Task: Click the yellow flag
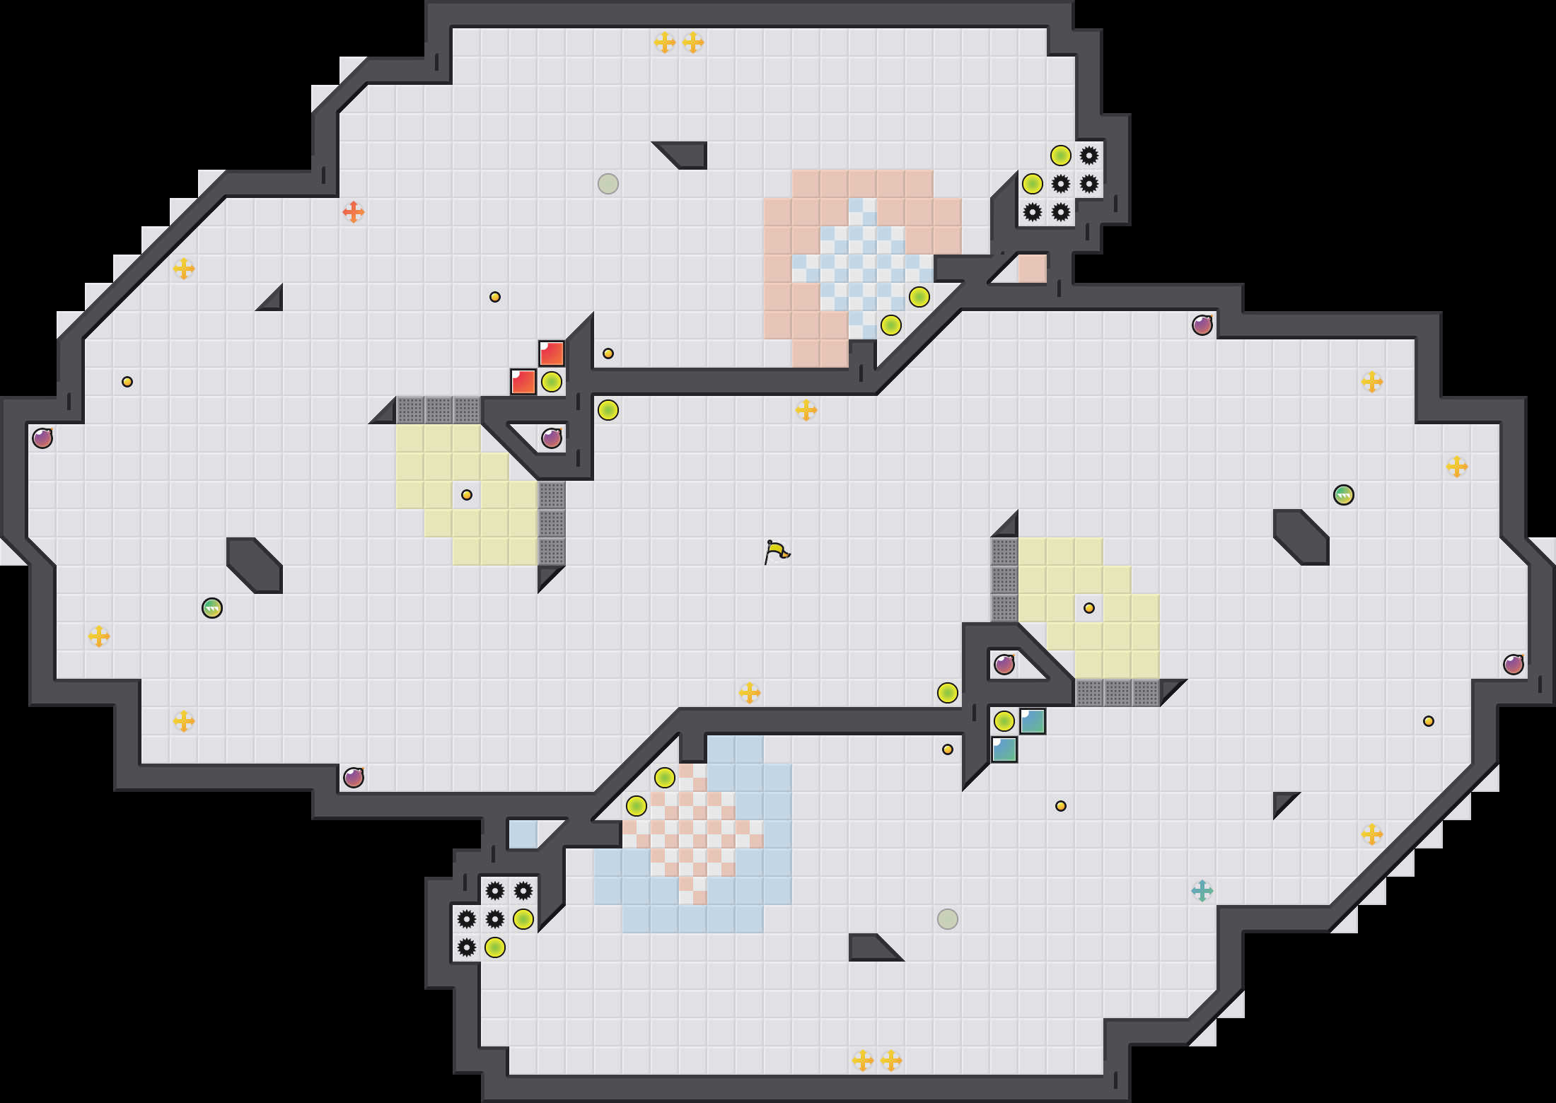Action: (x=777, y=551)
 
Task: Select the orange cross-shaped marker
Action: (x=354, y=211)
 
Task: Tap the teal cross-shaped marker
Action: (x=1202, y=891)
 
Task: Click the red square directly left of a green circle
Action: (x=523, y=382)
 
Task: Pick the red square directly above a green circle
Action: (x=552, y=354)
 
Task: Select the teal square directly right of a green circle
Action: (x=1033, y=721)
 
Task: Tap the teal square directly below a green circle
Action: (x=1004, y=749)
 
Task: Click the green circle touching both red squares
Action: (x=552, y=382)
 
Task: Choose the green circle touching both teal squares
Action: (x=1004, y=721)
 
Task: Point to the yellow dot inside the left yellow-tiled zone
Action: (x=467, y=495)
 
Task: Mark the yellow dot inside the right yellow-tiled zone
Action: (x=1089, y=608)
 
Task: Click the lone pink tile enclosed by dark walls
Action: (x=1033, y=269)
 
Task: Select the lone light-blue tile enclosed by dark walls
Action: (x=523, y=834)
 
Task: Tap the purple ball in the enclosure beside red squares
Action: (x=552, y=438)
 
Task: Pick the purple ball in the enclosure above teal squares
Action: (x=1004, y=665)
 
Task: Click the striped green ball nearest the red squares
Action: (x=212, y=608)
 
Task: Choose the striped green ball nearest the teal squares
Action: (x=1344, y=495)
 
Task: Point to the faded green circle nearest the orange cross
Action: (x=608, y=184)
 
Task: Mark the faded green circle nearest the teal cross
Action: (x=948, y=919)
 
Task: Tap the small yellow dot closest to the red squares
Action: (x=608, y=354)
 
